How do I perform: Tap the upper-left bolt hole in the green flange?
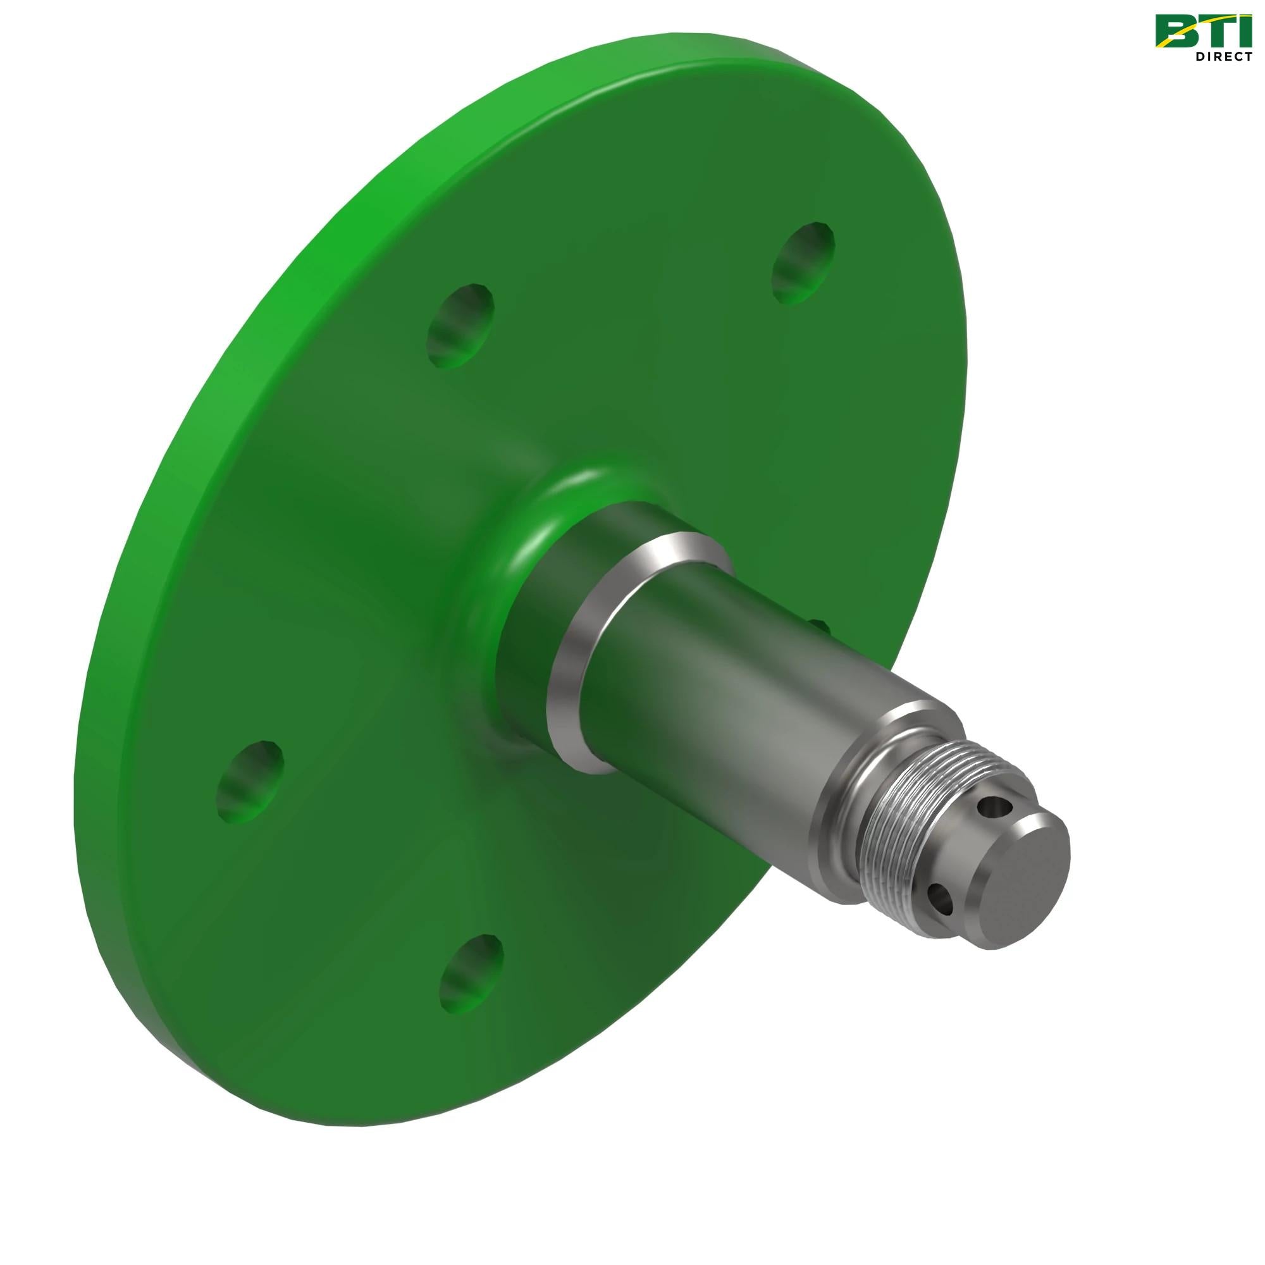point(460,325)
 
